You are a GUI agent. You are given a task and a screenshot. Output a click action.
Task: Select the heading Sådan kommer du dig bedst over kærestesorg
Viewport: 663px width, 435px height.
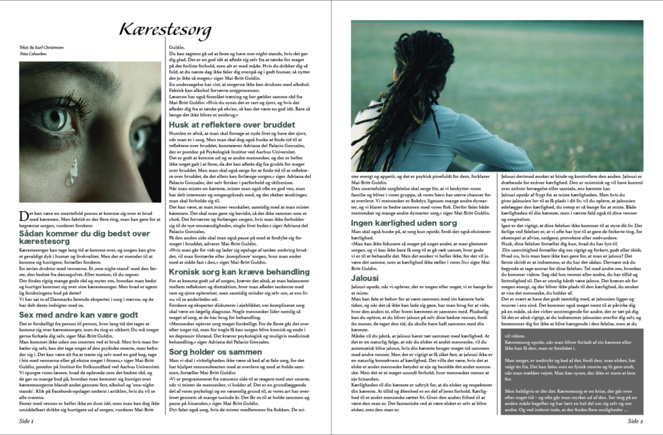point(84,236)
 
